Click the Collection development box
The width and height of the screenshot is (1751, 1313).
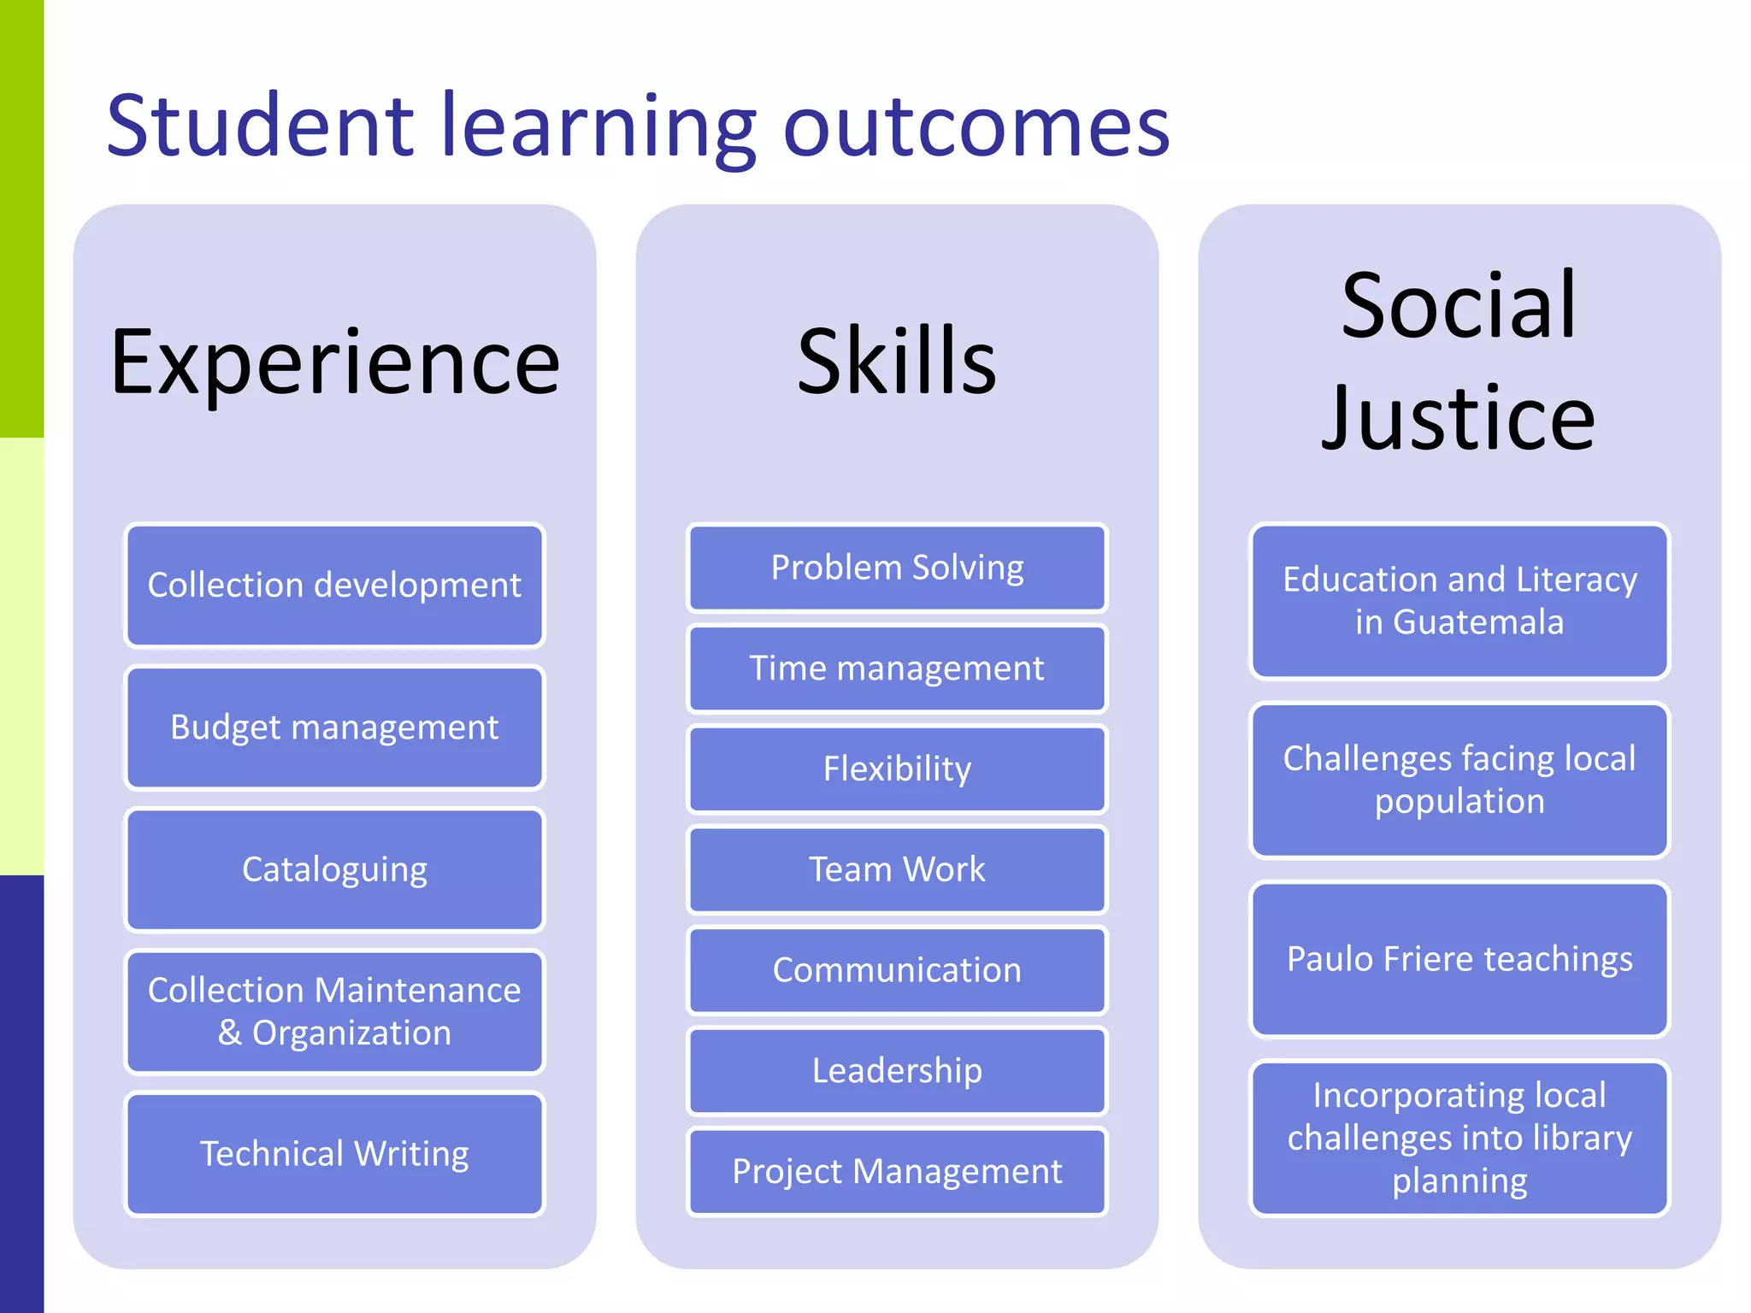pyautogui.click(x=334, y=586)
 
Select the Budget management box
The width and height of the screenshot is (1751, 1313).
pyautogui.click(x=334, y=727)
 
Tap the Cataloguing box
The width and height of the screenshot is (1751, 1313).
pyautogui.click(x=334, y=869)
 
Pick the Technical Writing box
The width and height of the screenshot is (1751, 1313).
pyautogui.click(x=334, y=1154)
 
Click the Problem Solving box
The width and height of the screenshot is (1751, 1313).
pyautogui.click(x=897, y=568)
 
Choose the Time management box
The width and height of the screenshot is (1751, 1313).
pyautogui.click(x=897, y=668)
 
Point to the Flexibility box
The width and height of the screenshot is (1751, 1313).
pyautogui.click(x=897, y=768)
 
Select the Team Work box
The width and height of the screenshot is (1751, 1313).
pyautogui.click(x=897, y=869)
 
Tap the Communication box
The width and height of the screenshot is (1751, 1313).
pyautogui.click(x=897, y=970)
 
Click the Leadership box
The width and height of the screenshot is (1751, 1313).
pyautogui.click(x=897, y=1071)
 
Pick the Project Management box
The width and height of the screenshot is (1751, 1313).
pyautogui.click(x=897, y=1171)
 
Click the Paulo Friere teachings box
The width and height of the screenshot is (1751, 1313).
pyautogui.click(x=1459, y=959)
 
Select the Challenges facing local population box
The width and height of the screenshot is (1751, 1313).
pyautogui.click(x=1459, y=780)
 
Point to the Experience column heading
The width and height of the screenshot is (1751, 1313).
pyautogui.click(x=334, y=362)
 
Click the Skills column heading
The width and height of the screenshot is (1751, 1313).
pyautogui.click(x=897, y=362)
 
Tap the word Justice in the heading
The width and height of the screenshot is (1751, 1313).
pyautogui.click(x=1459, y=419)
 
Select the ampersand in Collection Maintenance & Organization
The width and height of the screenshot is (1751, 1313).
pyautogui.click(x=229, y=1033)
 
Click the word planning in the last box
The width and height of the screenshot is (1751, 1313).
pyautogui.click(x=1459, y=1181)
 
